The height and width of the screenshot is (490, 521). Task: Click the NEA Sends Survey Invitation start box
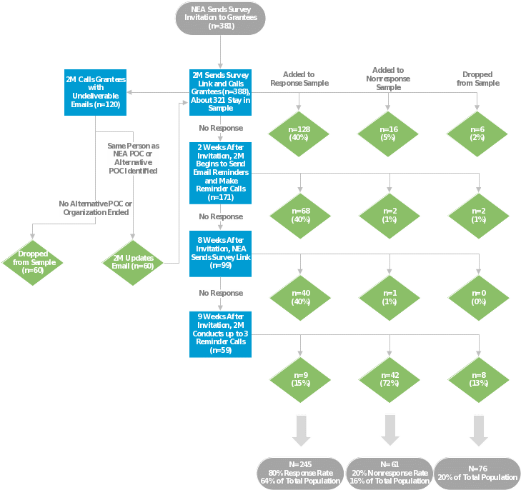pyautogui.click(x=221, y=18)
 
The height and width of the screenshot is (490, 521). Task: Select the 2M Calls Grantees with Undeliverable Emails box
pyautogui.click(x=95, y=91)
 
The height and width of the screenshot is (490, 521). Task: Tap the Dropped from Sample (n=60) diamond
pyautogui.click(x=33, y=261)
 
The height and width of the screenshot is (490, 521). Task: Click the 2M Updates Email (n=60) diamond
pyautogui.click(x=134, y=261)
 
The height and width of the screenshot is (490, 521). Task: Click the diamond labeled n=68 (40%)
pyautogui.click(x=299, y=216)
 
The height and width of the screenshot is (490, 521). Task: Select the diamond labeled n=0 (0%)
pyautogui.click(x=477, y=297)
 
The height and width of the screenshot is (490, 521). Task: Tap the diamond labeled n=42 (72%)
pyautogui.click(x=388, y=379)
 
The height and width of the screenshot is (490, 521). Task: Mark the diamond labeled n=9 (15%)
pyautogui.click(x=299, y=379)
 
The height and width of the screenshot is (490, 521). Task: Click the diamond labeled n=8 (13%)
pyautogui.click(x=477, y=379)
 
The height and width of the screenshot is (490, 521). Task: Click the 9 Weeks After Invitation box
pyautogui.click(x=221, y=332)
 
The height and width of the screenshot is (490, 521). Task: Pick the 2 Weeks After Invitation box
pyautogui.click(x=221, y=171)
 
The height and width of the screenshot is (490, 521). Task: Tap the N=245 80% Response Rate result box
pyautogui.click(x=300, y=473)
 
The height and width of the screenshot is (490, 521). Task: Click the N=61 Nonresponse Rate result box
pyautogui.click(x=389, y=473)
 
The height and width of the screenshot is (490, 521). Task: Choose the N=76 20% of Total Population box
pyautogui.click(x=477, y=473)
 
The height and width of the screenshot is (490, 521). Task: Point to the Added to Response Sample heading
pyautogui.click(x=299, y=79)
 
